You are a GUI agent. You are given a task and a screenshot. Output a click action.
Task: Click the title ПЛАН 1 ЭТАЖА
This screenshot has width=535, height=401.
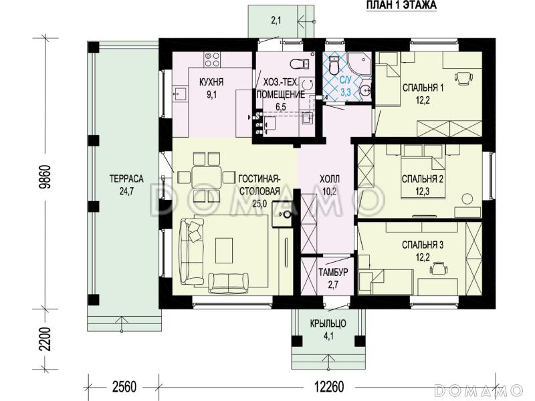pyautogui.click(x=401, y=5)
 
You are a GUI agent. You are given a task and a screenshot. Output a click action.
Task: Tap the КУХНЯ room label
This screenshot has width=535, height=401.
pyautogui.click(x=211, y=82)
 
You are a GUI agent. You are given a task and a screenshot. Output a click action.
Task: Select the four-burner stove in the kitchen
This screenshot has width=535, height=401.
pyautogui.click(x=211, y=59)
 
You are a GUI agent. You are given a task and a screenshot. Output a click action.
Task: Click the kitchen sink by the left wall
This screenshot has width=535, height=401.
pyautogui.click(x=180, y=93)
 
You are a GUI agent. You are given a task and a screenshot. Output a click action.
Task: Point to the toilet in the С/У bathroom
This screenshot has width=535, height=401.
pyautogui.click(x=334, y=64)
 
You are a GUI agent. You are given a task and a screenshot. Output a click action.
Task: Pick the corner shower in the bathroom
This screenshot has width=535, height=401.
pyautogui.click(x=360, y=63)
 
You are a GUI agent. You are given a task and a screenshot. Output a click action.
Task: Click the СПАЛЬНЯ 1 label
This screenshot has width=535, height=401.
pyautogui.click(x=423, y=88)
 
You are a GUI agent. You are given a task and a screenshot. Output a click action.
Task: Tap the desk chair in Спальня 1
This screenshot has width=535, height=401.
pyautogui.click(x=463, y=78)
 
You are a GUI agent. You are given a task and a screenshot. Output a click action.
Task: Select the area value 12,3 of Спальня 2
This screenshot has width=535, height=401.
pyautogui.click(x=423, y=191)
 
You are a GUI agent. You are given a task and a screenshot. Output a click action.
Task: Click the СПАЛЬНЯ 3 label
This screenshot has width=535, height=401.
pyautogui.click(x=423, y=245)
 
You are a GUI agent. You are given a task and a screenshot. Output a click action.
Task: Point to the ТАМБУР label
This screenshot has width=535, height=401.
pyautogui.click(x=333, y=272)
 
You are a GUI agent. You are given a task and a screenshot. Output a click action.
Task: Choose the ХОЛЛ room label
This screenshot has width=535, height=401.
pyautogui.click(x=330, y=178)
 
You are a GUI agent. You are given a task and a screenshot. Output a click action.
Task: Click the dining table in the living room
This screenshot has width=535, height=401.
pyautogui.click(x=206, y=177)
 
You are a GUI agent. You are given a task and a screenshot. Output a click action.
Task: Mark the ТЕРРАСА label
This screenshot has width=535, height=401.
pyautogui.click(x=126, y=178)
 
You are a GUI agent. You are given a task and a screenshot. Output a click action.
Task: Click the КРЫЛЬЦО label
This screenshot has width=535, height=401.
pyautogui.click(x=328, y=323)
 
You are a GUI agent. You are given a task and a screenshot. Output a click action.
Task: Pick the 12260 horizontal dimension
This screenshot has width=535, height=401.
pyautogui.click(x=329, y=387)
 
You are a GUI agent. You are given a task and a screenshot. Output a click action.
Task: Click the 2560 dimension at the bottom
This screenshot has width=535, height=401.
pyautogui.click(x=124, y=387)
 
